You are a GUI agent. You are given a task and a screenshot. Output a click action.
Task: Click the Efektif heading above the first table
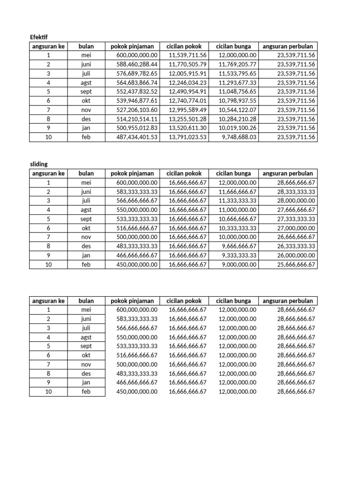pyautogui.click(x=39, y=37)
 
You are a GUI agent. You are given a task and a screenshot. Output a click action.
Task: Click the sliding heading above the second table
pyautogui.click(x=39, y=164)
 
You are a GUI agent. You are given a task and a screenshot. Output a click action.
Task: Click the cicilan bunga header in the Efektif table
pyautogui.click(x=233, y=46)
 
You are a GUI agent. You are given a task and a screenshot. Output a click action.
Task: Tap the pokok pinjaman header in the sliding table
pyautogui.click(x=132, y=173)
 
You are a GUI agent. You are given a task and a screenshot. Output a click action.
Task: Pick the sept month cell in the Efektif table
pyautogui.click(x=86, y=92)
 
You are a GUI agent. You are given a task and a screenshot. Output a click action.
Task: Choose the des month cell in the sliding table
pyautogui.click(x=86, y=247)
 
